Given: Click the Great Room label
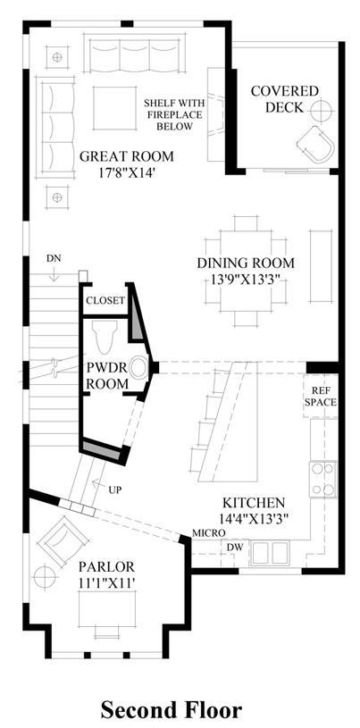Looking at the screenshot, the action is point(126,156).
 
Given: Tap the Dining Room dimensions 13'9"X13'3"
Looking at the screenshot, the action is point(246,280).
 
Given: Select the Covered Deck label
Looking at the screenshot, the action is point(284,99).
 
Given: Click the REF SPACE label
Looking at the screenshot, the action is point(321,396).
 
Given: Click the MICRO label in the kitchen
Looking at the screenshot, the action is point(210,533).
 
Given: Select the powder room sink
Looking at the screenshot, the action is point(138,368).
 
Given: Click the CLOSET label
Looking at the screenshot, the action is point(105,300).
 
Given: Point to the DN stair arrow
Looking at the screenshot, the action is point(54,274).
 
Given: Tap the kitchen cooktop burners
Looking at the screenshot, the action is point(323,479).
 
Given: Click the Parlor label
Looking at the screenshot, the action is point(106,566).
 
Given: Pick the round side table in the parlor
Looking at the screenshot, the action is point(45,578).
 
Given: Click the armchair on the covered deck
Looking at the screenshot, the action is point(316,144).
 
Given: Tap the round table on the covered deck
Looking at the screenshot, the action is point(322,110).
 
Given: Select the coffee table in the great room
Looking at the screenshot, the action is point(114,108).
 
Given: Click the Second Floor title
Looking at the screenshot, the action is point(172,711).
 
